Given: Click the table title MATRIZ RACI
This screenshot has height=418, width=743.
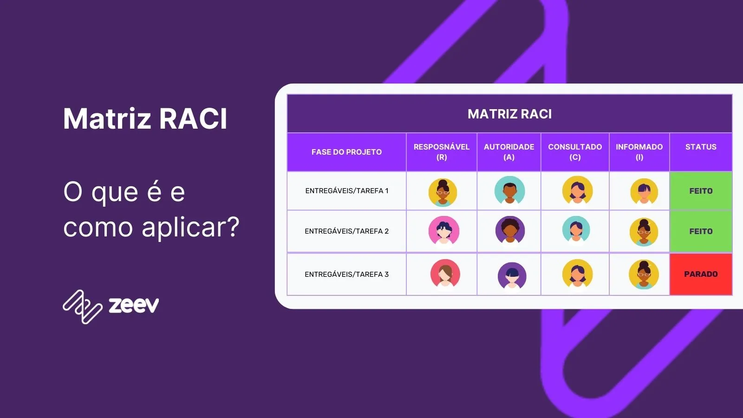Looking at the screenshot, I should coord(509,114).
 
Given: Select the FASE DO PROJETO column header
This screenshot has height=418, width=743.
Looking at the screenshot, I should coord(346,152).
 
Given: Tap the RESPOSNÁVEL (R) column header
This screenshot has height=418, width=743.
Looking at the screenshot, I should coord(441,152).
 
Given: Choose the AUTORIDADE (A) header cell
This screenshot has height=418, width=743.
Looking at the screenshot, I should coord(509,152).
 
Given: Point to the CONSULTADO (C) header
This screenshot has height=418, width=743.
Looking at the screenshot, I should coord(575,152).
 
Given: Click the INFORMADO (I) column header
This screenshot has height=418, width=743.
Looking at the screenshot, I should coord(639,152).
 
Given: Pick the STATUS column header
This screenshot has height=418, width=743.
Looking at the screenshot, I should coord(701,147).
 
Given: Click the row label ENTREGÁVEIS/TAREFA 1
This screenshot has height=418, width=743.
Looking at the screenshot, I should coord(346,191).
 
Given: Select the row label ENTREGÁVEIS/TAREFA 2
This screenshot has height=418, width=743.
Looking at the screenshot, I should coord(346,231).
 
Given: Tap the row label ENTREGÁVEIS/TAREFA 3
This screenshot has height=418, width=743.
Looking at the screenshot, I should coord(346,274).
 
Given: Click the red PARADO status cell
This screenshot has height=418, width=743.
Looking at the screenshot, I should coord(701,274).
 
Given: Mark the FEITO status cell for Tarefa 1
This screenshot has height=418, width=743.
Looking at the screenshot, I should coord(701,191).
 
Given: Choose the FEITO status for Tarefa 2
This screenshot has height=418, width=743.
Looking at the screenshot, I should coord(701,231).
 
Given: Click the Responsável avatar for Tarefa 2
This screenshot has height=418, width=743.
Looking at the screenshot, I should coord(443,231).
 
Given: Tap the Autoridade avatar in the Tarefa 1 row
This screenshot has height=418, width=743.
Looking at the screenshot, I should coord(509,190).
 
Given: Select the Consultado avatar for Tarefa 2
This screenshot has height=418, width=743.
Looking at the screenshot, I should coord(576,230).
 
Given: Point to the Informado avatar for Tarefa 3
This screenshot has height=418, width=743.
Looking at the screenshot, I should coord(644,274).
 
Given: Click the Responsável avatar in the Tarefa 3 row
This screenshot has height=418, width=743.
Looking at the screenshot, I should coord(445,274).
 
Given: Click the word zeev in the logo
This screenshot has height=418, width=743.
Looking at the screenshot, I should coord(134,305).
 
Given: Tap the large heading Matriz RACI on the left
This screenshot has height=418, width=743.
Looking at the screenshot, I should coord(145,119).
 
